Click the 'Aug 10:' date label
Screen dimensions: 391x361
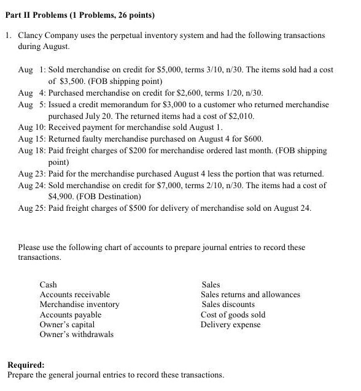point(31,127)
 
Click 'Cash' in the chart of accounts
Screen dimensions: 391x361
point(48,284)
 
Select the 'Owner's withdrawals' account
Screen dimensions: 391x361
point(76,334)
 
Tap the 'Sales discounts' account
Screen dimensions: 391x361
point(228,305)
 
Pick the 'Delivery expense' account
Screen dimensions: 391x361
point(230,324)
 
